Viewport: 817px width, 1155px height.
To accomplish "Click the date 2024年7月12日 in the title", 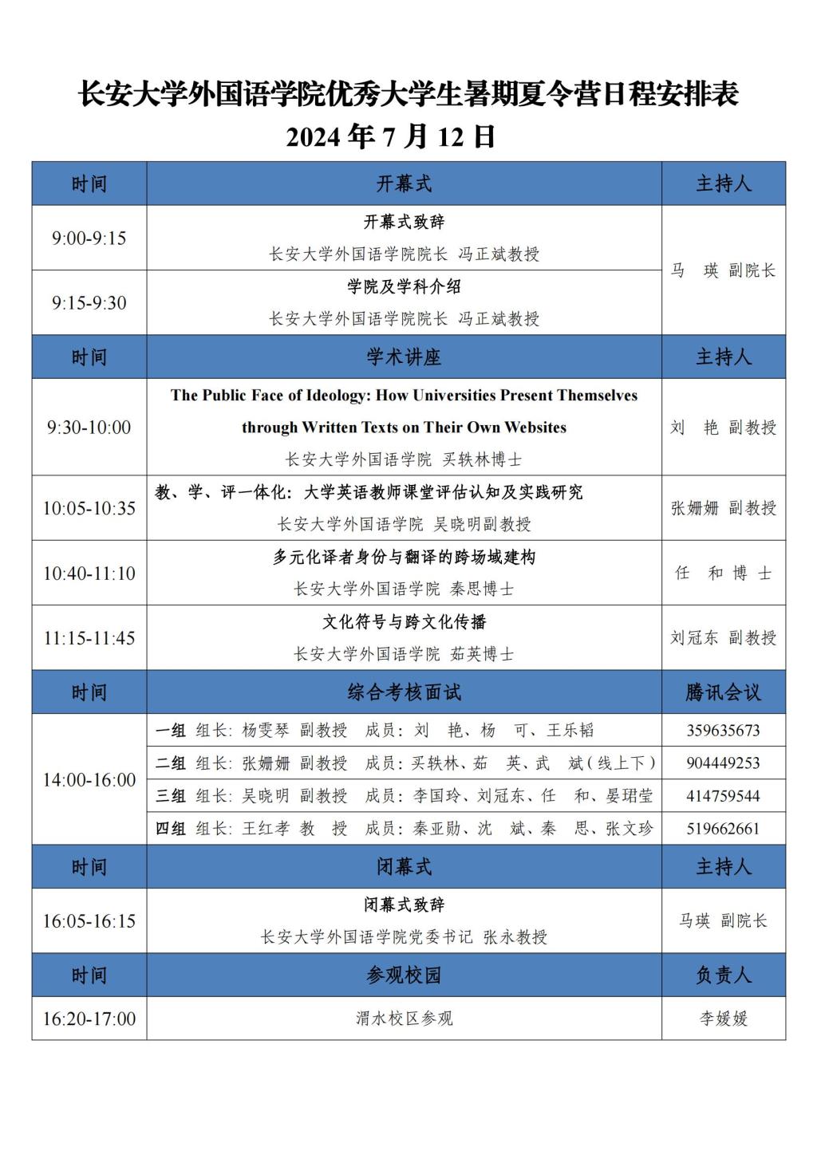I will pyautogui.click(x=391, y=136).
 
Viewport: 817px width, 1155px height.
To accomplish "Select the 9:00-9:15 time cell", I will pyautogui.click(x=89, y=238).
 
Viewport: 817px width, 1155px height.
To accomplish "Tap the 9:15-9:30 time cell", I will pyautogui.click(x=89, y=302).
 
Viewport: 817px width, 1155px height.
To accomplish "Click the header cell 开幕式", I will pyautogui.click(x=404, y=183).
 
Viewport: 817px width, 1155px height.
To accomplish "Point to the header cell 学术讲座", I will pyautogui.click(x=404, y=357).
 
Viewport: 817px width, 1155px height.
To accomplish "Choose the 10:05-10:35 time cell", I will pyautogui.click(x=89, y=508).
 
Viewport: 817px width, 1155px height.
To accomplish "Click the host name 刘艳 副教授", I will pyautogui.click(x=723, y=428).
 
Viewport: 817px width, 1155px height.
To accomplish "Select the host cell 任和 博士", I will pyautogui.click(x=723, y=573).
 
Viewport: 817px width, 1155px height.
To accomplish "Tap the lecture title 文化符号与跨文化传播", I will pyautogui.click(x=404, y=622).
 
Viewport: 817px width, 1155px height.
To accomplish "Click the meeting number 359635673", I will pyautogui.click(x=723, y=731).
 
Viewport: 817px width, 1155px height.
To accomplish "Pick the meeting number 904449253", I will pyautogui.click(x=723, y=763).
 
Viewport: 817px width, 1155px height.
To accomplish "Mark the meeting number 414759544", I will pyautogui.click(x=723, y=796).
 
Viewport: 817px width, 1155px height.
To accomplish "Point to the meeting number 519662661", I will pyautogui.click(x=723, y=829).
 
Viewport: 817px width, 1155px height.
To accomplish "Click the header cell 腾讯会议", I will pyautogui.click(x=723, y=692).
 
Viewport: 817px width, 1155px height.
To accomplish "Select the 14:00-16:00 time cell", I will pyautogui.click(x=89, y=779).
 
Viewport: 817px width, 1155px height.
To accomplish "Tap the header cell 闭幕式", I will pyautogui.click(x=404, y=867).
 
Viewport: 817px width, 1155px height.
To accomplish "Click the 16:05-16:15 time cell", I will pyautogui.click(x=89, y=921).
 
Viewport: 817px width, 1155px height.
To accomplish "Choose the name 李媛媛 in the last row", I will pyautogui.click(x=723, y=1019).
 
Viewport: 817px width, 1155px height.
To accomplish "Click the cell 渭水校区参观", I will pyautogui.click(x=404, y=1019).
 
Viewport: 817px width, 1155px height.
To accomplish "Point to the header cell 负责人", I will pyautogui.click(x=723, y=975).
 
